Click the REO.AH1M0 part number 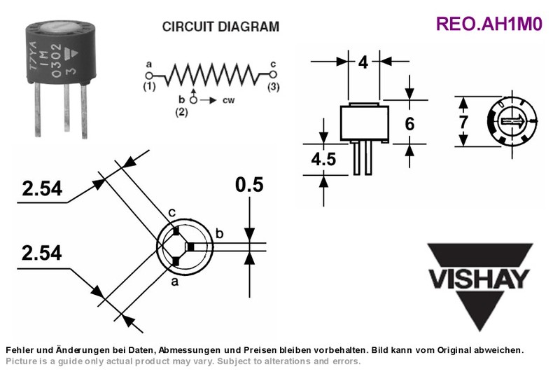coord(489,24)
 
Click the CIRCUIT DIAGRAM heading coord(220,27)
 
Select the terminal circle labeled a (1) coord(149,76)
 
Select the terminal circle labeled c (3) coord(273,74)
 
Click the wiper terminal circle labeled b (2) coord(193,100)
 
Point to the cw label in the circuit coord(229,100)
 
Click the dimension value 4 coord(363,62)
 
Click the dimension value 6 coord(409,124)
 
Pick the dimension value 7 coord(463,122)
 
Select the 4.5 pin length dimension coord(323,159)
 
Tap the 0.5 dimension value coord(249,185)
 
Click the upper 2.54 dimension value coord(42,188)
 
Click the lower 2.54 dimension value coord(42,253)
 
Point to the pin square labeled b coord(190,247)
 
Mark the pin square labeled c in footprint coord(176,231)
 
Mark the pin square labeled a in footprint coord(176,262)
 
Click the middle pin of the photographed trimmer coord(66,108)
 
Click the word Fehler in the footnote coord(17,349)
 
